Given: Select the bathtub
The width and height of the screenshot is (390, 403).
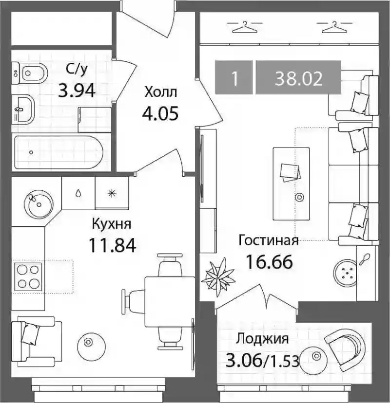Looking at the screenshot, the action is click(x=58, y=152).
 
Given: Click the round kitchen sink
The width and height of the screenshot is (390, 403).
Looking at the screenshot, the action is click(x=39, y=204).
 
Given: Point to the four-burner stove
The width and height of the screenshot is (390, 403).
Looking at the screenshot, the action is click(x=28, y=276).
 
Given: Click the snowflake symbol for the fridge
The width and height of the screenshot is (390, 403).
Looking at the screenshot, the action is click(x=112, y=193).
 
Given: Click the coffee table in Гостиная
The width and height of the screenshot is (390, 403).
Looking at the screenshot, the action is click(x=291, y=184).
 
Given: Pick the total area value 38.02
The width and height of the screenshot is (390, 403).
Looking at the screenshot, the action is click(x=299, y=79).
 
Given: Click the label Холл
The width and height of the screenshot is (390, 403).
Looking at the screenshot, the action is click(x=161, y=92).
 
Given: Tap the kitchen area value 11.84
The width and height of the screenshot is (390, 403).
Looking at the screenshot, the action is click(x=112, y=245).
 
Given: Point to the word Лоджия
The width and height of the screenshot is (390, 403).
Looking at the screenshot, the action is click(x=263, y=339).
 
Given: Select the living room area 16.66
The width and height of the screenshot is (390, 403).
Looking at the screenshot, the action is click(x=269, y=262).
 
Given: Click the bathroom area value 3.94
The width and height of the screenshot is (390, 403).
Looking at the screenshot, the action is click(x=77, y=91).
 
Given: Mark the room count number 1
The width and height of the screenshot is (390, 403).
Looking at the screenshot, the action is click(x=234, y=79).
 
